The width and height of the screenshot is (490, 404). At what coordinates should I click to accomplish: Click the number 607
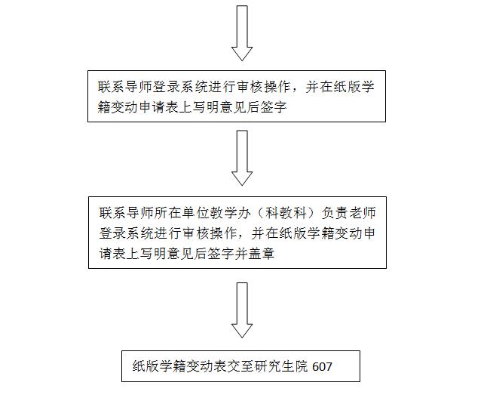point(322,366)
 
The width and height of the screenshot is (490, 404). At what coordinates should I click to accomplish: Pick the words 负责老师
point(348,213)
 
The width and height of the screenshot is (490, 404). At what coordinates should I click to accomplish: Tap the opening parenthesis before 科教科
point(260,213)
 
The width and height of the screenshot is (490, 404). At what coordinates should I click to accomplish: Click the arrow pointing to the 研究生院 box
point(242,310)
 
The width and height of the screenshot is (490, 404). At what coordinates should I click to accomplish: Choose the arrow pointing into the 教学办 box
point(242,158)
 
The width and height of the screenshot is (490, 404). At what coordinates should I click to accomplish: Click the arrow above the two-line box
point(242,33)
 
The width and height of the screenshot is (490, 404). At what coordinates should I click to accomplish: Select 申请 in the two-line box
point(152,107)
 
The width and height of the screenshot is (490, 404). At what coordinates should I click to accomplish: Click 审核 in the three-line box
point(196,233)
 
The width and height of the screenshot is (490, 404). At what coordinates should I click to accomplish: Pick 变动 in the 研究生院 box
point(199,366)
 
